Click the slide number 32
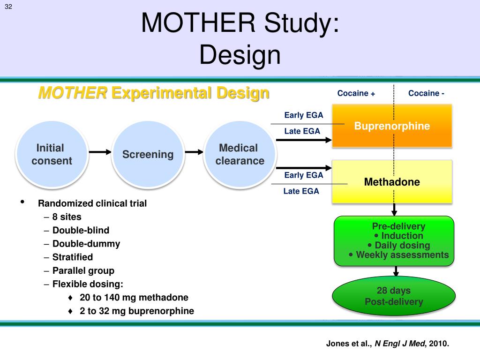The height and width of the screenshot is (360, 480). click(8, 6)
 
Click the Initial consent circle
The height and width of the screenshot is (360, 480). click(51, 154)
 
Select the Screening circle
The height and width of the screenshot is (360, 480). click(148, 154)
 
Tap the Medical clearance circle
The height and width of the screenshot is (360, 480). click(240, 154)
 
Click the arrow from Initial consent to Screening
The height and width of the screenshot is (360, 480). click(99, 152)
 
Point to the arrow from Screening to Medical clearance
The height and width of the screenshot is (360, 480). click(194, 152)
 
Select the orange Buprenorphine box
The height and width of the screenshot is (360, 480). click(392, 126)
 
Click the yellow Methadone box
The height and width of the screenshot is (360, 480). click(392, 182)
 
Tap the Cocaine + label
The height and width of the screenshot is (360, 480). click(356, 93)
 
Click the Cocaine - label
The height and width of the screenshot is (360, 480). click(426, 93)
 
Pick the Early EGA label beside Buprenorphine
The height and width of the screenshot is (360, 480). click(304, 115)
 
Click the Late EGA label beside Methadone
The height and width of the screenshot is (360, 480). click(301, 191)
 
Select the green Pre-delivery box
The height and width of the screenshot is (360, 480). click(394, 241)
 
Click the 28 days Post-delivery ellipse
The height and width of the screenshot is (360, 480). click(394, 296)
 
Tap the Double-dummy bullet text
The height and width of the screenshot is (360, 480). click(86, 244)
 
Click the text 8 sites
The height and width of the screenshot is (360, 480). click(67, 217)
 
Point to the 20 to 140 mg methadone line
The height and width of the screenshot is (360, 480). click(134, 298)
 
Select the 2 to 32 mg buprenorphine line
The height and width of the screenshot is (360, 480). click(137, 311)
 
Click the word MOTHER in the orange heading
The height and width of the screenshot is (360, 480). click(72, 93)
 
